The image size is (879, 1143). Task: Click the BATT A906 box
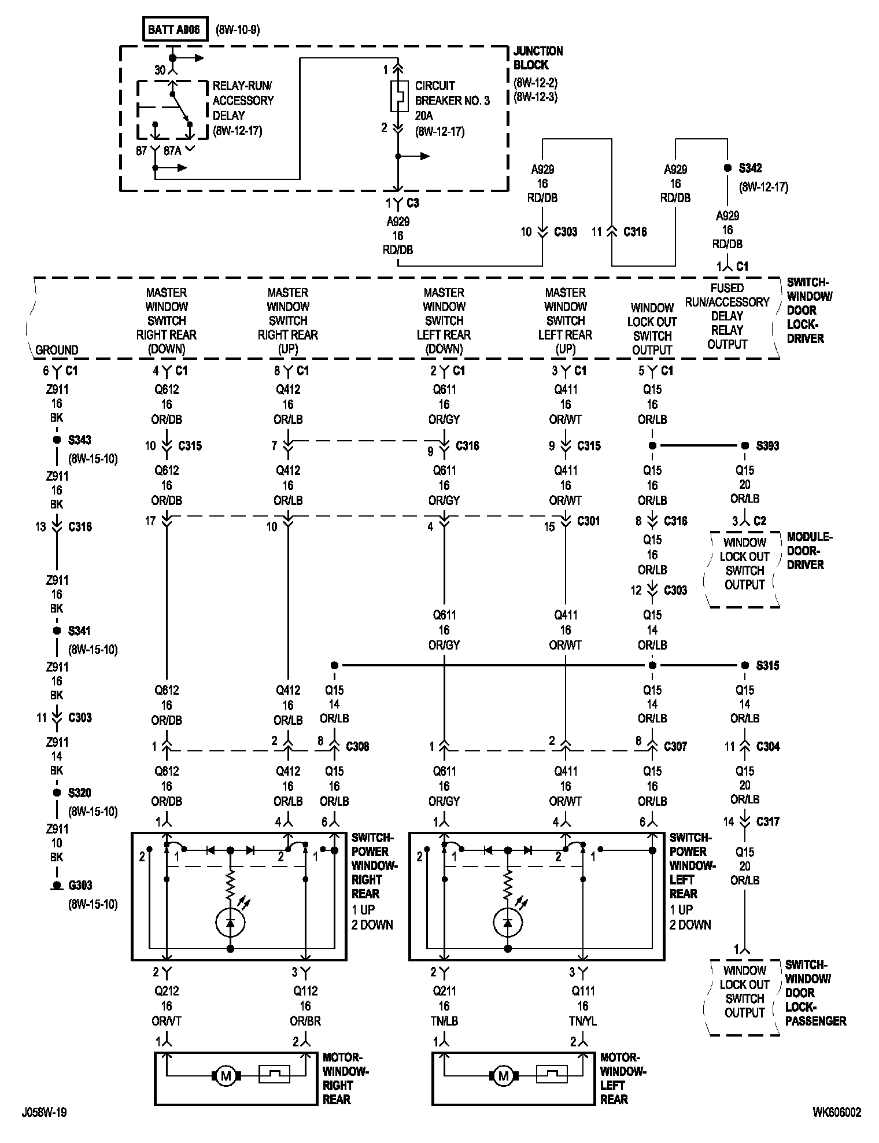[174, 30]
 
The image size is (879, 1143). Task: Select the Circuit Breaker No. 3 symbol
[398, 96]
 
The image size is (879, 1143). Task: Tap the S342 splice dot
[727, 168]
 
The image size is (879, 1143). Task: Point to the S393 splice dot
[745, 446]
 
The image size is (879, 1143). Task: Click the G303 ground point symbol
[57, 886]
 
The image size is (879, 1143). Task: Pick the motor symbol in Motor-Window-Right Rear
[225, 1076]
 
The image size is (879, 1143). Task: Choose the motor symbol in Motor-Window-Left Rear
[503, 1076]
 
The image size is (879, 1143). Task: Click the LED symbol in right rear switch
[230, 923]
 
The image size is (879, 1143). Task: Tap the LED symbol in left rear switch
[508, 923]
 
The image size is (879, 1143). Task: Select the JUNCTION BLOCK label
[538, 58]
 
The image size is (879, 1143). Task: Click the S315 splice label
[767, 666]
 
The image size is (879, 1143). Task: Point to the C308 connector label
[357, 747]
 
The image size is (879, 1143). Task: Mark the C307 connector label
[675, 747]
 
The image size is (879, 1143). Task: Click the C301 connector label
[589, 521]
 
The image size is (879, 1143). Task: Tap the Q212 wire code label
[167, 991]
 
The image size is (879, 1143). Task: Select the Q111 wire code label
[583, 991]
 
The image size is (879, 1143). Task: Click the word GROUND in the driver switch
[57, 350]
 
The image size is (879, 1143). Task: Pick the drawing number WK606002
[836, 1112]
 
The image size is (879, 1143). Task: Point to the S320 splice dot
[57, 793]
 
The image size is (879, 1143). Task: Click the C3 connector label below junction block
[413, 203]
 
